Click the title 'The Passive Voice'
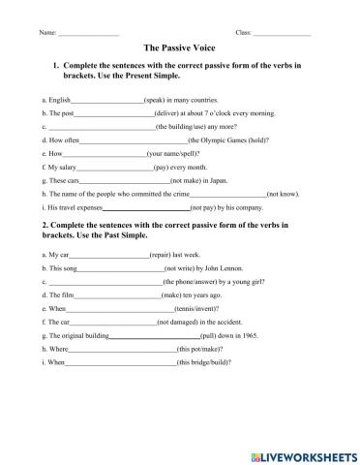180,46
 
